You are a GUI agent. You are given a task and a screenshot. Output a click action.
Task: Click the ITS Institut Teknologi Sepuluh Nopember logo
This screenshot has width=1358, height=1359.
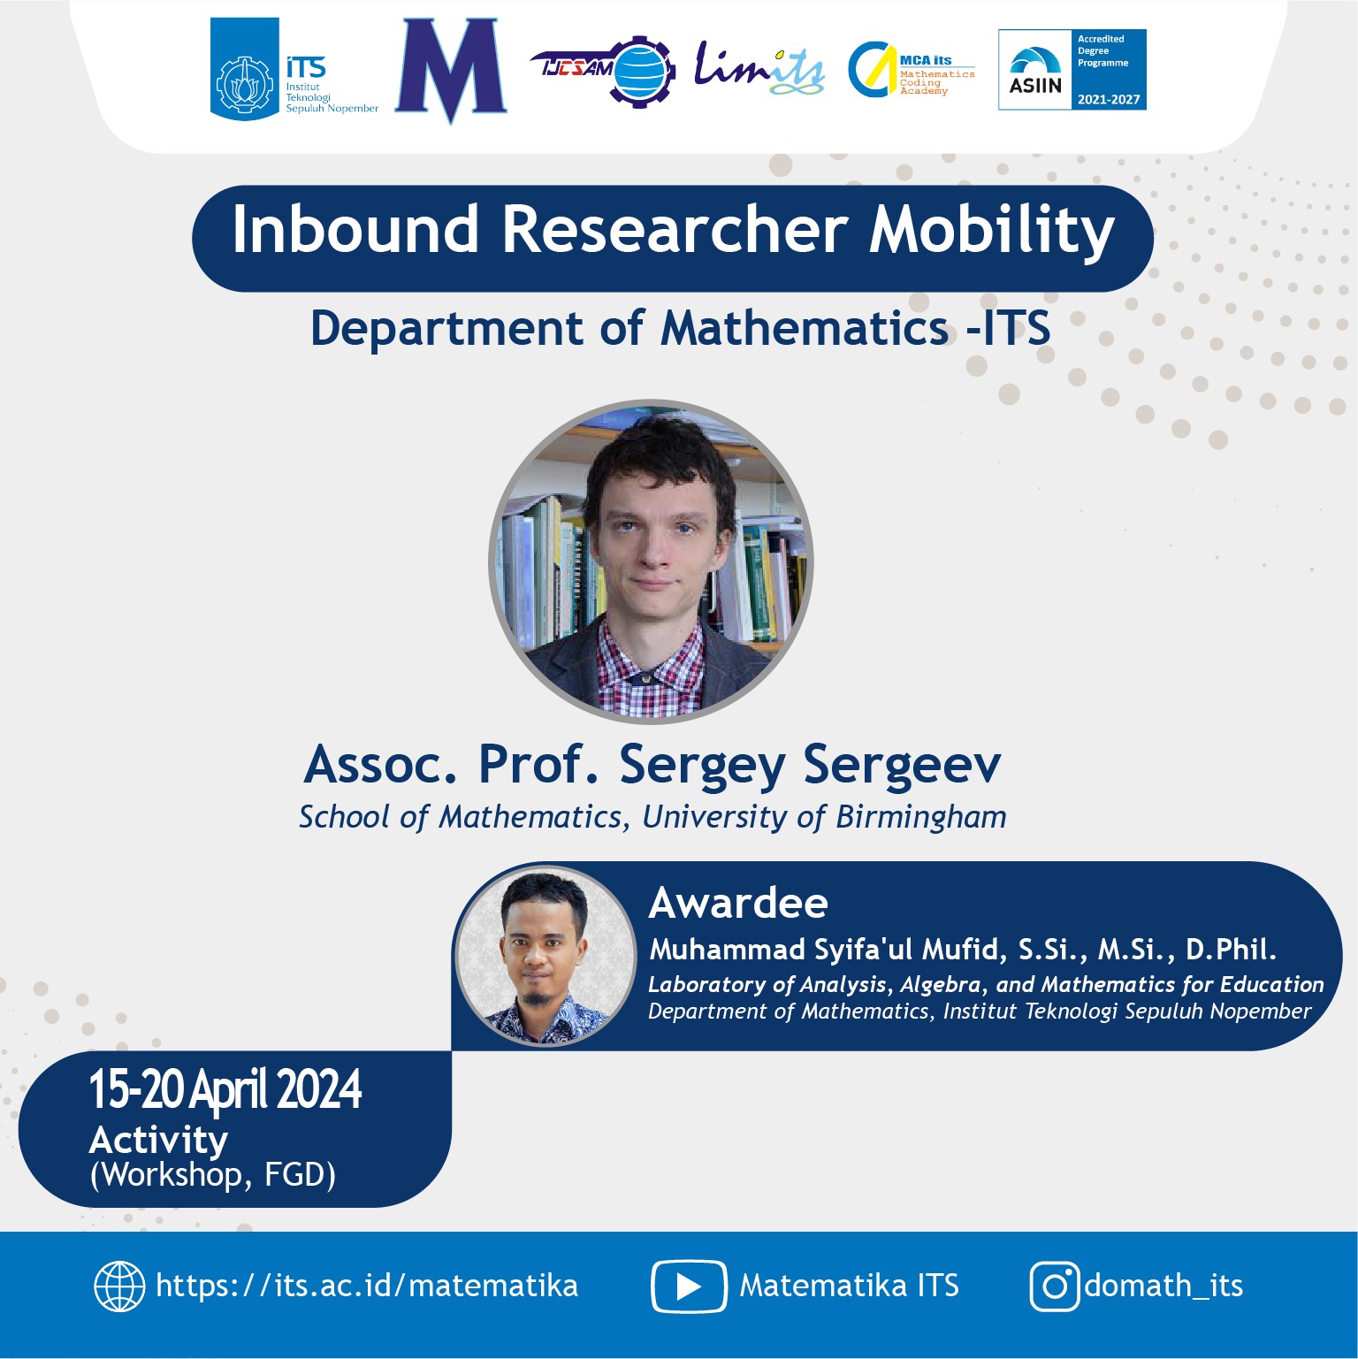[x=294, y=69]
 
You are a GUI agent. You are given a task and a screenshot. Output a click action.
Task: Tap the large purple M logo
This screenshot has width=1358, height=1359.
[x=451, y=70]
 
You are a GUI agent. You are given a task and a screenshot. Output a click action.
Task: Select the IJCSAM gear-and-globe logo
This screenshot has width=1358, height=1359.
[x=604, y=70]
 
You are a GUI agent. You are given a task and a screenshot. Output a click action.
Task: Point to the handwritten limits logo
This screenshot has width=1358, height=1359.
[x=759, y=69]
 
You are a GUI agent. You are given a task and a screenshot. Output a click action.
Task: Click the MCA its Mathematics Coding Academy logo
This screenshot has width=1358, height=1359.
[x=912, y=70]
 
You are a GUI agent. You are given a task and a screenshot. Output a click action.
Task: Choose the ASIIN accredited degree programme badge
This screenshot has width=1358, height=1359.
[x=1072, y=70]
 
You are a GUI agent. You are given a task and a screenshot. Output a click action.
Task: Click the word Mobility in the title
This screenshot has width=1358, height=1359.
[x=992, y=232]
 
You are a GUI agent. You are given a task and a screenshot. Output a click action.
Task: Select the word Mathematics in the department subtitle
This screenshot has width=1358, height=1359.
[x=805, y=328]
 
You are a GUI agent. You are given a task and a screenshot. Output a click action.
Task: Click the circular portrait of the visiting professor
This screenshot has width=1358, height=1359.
[x=651, y=561]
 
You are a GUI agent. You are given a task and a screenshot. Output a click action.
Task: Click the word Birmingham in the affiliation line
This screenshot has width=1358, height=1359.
[x=921, y=818]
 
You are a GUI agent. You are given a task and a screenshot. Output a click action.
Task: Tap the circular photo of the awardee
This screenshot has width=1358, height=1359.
[x=545, y=955]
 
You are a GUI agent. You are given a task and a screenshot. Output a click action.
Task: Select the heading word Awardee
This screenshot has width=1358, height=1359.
[x=739, y=904]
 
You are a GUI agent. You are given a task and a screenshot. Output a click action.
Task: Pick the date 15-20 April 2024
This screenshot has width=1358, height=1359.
[x=225, y=1089]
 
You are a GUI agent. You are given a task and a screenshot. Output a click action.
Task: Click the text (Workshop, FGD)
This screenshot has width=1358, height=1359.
[x=213, y=1176]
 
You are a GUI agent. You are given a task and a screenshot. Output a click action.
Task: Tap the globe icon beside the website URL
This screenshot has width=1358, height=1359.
[x=119, y=1286]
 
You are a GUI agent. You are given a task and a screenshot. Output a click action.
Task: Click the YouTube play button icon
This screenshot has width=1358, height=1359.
[x=689, y=1286]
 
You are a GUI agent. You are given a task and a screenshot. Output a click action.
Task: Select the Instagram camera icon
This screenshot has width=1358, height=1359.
[x=1055, y=1286]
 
